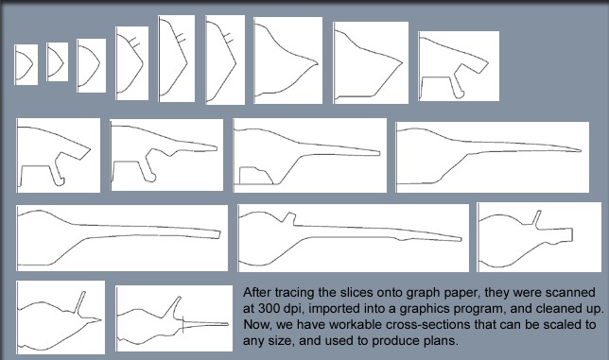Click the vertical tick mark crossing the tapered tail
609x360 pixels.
coord(183,325)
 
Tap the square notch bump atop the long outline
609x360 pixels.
coord(288,217)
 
